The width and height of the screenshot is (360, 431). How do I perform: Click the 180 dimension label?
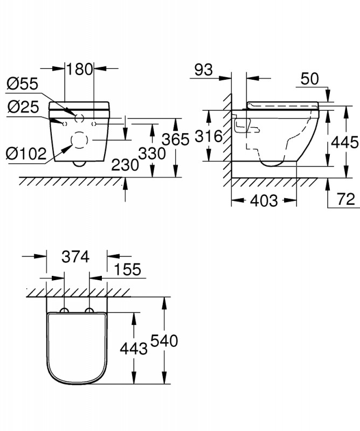80,69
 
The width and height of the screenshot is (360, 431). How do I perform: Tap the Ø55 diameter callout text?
23,84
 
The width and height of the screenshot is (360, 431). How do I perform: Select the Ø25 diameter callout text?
23,107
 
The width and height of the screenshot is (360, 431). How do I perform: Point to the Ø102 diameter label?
26,154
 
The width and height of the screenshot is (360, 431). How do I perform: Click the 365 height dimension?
176,140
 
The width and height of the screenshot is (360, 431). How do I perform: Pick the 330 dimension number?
152,154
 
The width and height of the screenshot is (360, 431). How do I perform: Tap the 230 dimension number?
125,165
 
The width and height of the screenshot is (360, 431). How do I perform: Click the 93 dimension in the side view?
204,70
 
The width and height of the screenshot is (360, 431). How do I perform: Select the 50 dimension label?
310,79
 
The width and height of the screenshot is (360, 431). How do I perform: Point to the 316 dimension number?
209,136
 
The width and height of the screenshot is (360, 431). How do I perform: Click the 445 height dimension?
345,142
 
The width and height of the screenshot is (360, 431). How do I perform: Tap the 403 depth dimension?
264,200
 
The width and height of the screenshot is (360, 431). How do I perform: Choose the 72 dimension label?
346,199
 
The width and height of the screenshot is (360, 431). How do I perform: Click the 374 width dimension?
75,257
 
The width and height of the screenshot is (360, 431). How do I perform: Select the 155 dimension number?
127,269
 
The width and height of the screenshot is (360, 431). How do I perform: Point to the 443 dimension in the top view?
134,349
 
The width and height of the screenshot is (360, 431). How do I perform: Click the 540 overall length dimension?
164,341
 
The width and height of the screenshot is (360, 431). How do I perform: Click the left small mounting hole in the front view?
65,124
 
